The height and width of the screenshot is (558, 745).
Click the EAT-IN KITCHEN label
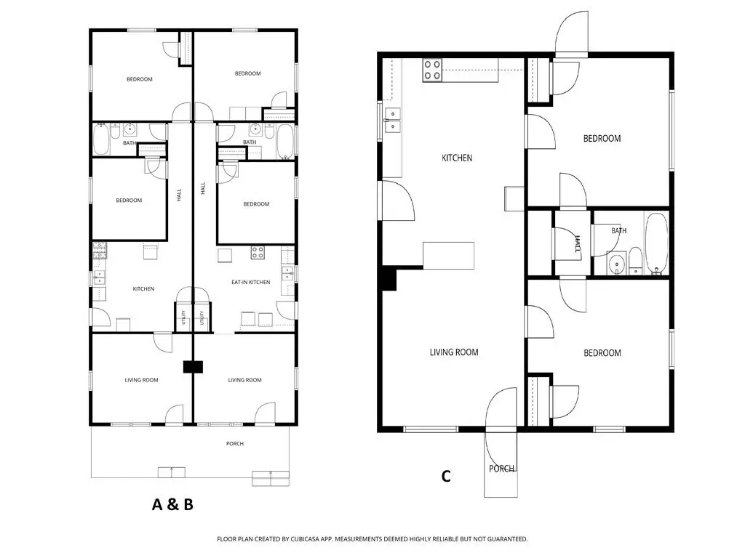click(250, 282)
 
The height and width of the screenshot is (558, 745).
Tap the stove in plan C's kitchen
click(432, 70)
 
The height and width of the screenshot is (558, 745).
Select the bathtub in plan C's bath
click(657, 243)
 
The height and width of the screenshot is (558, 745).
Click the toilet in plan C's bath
click(636, 261)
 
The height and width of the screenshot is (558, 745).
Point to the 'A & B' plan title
click(172, 504)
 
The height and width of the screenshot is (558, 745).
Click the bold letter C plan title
click(446, 476)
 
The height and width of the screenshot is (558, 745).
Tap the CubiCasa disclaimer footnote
click(372, 539)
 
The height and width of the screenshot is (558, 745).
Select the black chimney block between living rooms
click(193, 367)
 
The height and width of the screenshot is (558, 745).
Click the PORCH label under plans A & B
click(235, 444)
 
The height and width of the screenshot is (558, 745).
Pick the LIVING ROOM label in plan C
click(454, 352)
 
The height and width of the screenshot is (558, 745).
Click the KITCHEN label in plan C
click(457, 158)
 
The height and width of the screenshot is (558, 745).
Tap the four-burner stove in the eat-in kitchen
click(258, 252)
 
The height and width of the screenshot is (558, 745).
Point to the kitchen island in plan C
click(448, 255)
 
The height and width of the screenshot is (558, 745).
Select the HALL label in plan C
click(578, 244)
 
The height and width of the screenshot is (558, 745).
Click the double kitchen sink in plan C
click(393, 120)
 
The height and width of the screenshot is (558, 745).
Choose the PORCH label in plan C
click(502, 469)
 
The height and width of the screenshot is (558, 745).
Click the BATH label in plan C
click(618, 230)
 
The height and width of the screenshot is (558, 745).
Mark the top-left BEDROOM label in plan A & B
click(140, 79)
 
